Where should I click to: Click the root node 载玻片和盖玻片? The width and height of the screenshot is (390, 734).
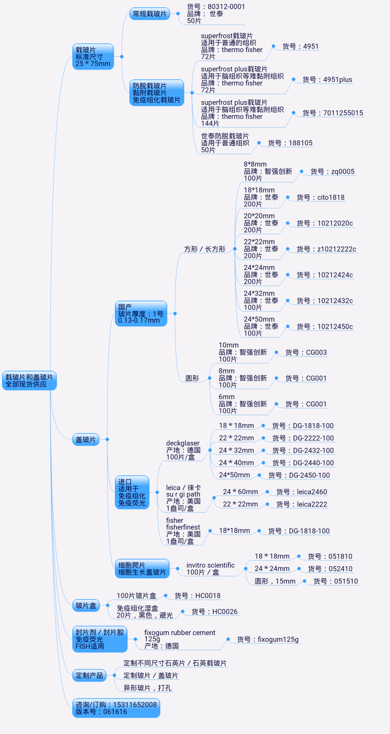[30, 380]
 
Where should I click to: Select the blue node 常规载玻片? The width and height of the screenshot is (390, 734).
[149, 14]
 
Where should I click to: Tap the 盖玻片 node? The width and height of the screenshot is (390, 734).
[86, 440]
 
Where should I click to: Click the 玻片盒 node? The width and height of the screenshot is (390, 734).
[86, 605]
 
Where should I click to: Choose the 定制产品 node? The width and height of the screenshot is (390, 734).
[89, 676]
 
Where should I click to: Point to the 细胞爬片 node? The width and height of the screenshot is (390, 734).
[142, 569]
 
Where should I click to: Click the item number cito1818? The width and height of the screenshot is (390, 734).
[320, 197]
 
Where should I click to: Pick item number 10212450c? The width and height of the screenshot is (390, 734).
[324, 327]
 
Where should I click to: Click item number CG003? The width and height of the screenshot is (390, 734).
[306, 353]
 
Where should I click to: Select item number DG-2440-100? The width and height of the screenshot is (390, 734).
[303, 463]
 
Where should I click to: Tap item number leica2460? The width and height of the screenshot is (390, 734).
[301, 492]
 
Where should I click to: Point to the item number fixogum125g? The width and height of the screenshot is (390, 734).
[268, 639]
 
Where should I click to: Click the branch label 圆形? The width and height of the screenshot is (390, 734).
[192, 379]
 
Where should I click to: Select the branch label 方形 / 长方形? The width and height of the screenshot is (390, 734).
[205, 250]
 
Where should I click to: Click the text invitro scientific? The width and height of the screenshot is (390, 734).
[210, 565]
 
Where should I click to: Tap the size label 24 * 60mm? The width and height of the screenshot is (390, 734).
[240, 492]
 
